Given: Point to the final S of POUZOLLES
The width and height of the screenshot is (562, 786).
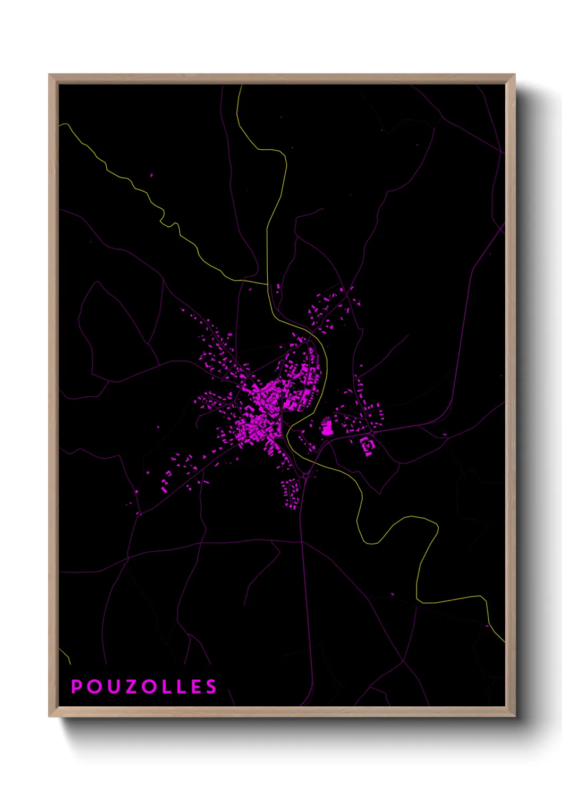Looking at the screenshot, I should click(x=211, y=687).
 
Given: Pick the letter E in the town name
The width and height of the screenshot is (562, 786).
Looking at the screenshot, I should click(x=195, y=687).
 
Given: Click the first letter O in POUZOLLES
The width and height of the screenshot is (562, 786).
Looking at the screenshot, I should click(x=93, y=687).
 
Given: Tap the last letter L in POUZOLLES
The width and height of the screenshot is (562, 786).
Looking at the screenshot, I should click(x=180, y=687).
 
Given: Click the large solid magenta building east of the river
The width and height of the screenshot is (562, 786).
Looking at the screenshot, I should click(x=326, y=427).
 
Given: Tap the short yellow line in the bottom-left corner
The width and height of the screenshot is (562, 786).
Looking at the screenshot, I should click(x=66, y=655).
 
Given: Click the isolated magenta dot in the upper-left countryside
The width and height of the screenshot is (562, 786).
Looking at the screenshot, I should click(x=151, y=175).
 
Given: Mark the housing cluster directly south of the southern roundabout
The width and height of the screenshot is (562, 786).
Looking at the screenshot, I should click(x=291, y=494).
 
